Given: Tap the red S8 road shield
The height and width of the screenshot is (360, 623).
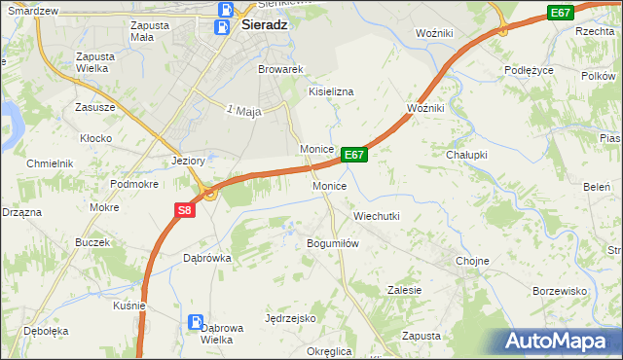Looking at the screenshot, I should [x=185, y=209].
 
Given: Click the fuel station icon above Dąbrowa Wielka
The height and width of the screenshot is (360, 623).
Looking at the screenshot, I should [x=197, y=321].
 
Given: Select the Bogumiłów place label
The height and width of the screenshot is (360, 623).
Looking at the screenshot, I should [x=334, y=243].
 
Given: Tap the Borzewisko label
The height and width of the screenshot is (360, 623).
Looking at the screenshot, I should [x=560, y=291].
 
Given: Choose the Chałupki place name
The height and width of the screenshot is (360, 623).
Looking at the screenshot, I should [x=465, y=155].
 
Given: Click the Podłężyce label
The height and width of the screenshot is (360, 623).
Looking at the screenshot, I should [x=529, y=70].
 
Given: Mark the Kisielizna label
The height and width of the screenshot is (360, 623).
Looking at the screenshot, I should [x=331, y=91].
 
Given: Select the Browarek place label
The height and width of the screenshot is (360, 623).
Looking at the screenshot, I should [x=281, y=70].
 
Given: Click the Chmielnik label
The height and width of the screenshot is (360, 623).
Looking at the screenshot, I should [x=51, y=163].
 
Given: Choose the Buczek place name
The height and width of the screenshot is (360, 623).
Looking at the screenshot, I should [x=91, y=240].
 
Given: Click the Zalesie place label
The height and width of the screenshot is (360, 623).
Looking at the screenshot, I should [x=404, y=290].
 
